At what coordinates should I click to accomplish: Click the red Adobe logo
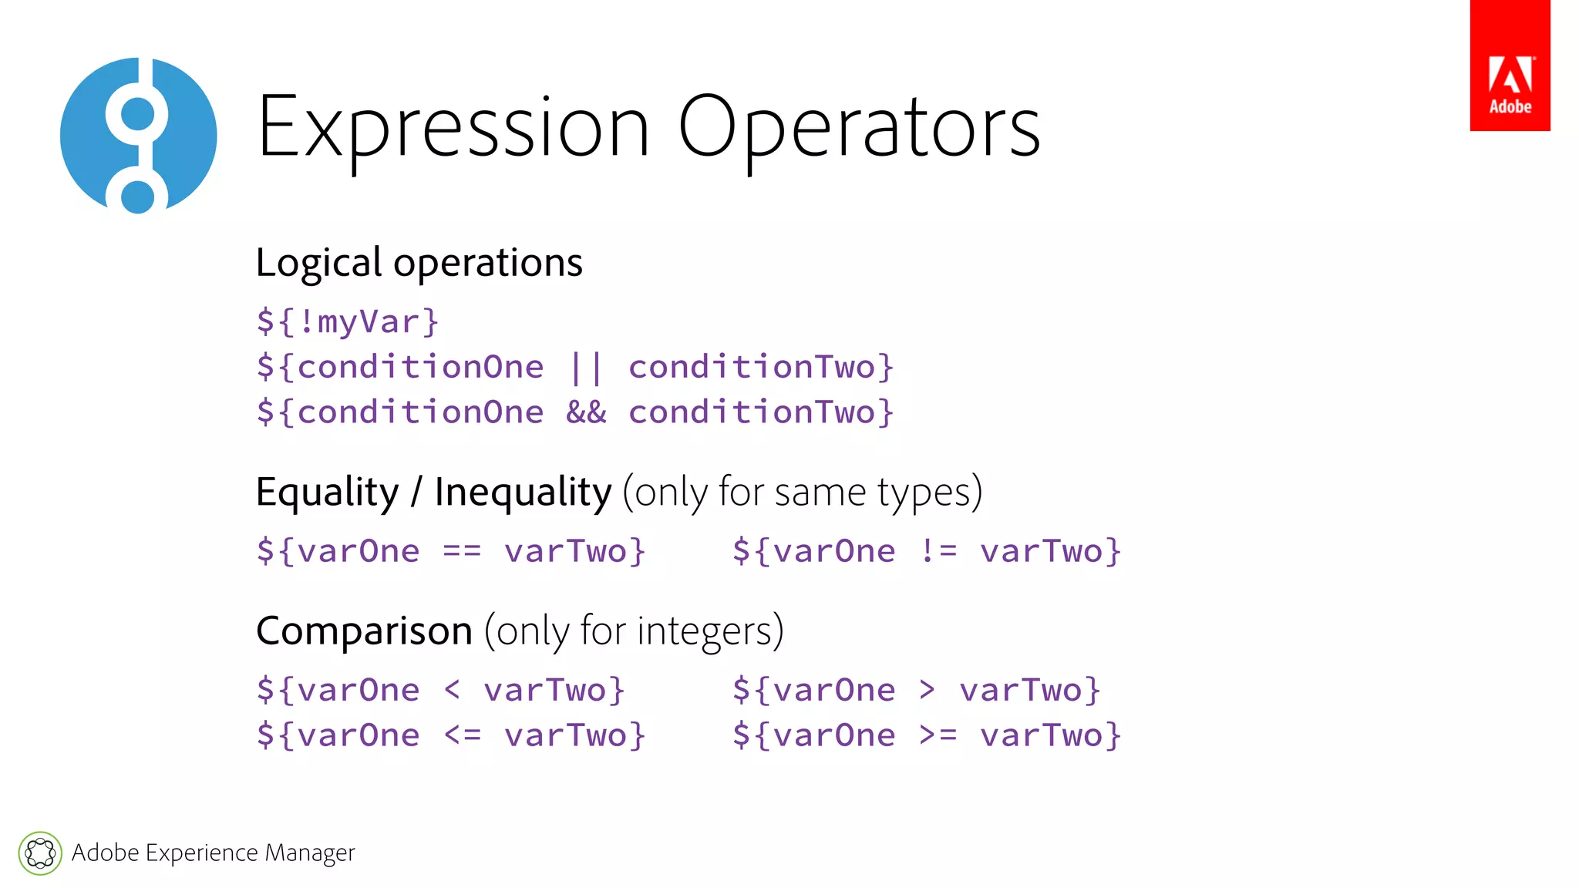coord(1510,66)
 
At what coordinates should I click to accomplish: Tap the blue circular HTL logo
coord(139,136)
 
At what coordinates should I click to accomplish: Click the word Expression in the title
coord(453,127)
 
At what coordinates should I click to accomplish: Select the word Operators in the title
coord(859,127)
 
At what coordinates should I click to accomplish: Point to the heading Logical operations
coord(419,263)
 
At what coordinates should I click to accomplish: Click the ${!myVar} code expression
coord(348,321)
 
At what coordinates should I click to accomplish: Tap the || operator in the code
coord(586,367)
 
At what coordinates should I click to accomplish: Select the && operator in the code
coord(586,412)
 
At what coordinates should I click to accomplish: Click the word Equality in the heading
coord(328,492)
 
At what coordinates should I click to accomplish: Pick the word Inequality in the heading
coord(523,492)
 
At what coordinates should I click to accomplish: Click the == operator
coord(462,551)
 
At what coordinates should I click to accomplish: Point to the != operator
coord(938,551)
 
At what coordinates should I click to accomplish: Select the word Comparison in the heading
coord(364,631)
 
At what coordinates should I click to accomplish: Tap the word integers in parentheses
coord(704,631)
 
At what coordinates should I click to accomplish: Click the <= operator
coord(463,735)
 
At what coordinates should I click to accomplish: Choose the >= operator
coord(938,735)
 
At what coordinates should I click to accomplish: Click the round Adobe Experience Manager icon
coord(40,853)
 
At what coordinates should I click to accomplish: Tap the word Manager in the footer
coord(310,853)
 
